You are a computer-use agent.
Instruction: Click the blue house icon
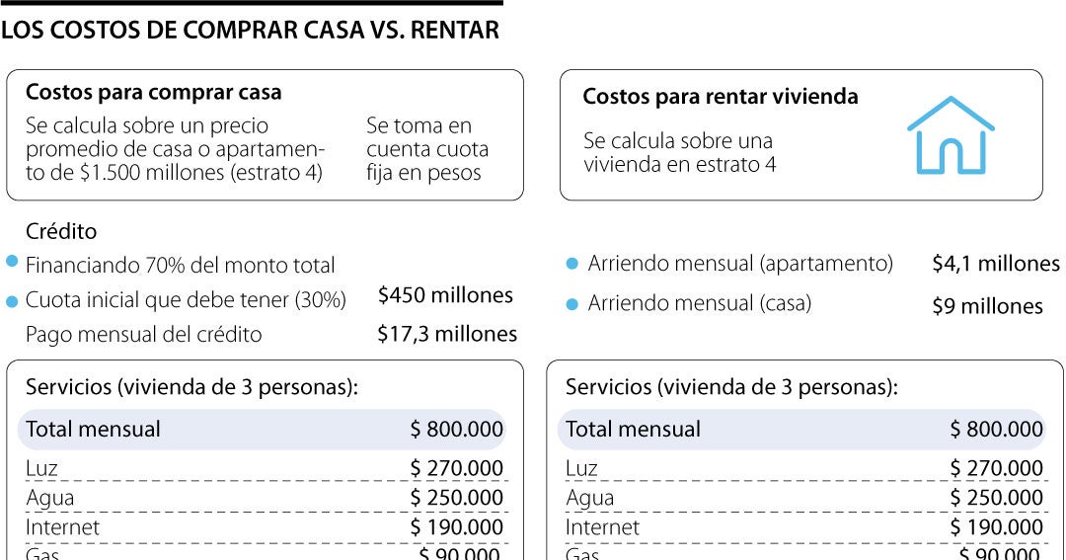tap(950, 135)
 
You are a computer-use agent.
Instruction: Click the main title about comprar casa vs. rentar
tap(250, 31)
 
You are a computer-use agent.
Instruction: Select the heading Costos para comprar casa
tap(153, 93)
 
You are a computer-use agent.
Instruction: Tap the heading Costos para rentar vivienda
tap(721, 97)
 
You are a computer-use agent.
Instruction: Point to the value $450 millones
tap(445, 295)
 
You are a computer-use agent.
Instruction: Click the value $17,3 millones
tap(447, 335)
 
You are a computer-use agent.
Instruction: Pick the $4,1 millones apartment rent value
tap(995, 264)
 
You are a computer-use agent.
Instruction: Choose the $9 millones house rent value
tap(987, 306)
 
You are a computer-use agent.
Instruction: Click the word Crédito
tap(61, 232)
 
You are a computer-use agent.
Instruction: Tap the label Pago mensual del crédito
tap(144, 335)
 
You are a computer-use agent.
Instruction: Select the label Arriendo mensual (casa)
tap(700, 304)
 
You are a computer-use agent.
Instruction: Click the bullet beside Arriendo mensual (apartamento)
tap(571, 264)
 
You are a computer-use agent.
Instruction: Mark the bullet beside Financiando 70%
tap(12, 262)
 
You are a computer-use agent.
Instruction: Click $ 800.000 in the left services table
tap(457, 430)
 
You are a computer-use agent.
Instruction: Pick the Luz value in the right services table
tap(997, 468)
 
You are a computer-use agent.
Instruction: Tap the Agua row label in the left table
tap(50, 498)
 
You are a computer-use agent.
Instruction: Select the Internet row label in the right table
tap(602, 527)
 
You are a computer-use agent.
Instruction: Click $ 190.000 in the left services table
tap(457, 527)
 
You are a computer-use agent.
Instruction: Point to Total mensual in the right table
tap(633, 430)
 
